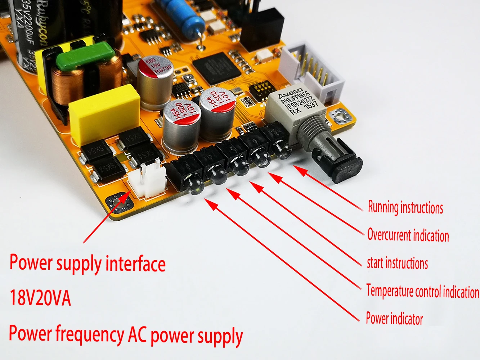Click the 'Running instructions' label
(405, 208)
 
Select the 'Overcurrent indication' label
(408, 235)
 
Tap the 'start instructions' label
(397, 263)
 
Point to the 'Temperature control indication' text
(422, 291)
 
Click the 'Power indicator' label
(394, 319)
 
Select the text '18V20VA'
(40, 298)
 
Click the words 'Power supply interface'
(88, 263)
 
